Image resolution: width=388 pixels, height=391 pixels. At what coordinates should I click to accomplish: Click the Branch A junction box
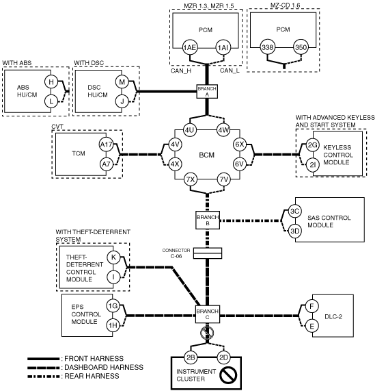[x=207, y=92]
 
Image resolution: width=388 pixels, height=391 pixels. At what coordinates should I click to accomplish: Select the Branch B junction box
[x=208, y=220]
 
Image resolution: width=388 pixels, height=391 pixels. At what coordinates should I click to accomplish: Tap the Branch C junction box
[x=208, y=314]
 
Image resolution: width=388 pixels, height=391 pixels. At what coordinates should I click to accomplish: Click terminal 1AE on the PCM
[x=190, y=47]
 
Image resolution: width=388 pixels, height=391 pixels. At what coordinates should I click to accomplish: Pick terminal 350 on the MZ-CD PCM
[x=301, y=47]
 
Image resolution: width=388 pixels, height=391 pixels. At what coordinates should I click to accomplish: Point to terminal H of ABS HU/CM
[x=51, y=81]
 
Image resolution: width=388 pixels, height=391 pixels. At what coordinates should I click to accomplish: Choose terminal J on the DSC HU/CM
[x=122, y=102]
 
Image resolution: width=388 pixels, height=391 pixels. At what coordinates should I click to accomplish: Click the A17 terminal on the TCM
[x=106, y=144]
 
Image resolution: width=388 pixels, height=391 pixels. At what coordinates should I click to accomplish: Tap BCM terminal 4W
[x=223, y=130]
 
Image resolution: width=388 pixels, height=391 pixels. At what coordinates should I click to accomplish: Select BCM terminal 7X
[x=191, y=179]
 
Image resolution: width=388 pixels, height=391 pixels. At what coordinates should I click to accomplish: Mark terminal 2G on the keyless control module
[x=312, y=144]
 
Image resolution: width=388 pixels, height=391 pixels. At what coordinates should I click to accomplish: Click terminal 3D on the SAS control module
[x=294, y=231]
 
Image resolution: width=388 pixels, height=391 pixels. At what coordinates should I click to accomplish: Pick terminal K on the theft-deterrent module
[x=113, y=257]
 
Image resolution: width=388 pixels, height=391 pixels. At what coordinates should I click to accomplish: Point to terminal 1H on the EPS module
[x=113, y=325]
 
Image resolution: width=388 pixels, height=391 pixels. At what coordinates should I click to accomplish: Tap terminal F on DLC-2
[x=311, y=306]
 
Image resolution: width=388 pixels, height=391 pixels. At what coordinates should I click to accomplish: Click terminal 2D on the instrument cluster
[x=223, y=357]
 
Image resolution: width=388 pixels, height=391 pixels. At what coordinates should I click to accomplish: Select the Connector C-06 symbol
[x=208, y=253]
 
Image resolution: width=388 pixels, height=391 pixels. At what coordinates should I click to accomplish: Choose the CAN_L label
[x=230, y=71]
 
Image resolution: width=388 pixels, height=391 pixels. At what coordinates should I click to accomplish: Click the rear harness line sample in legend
[x=44, y=377]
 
